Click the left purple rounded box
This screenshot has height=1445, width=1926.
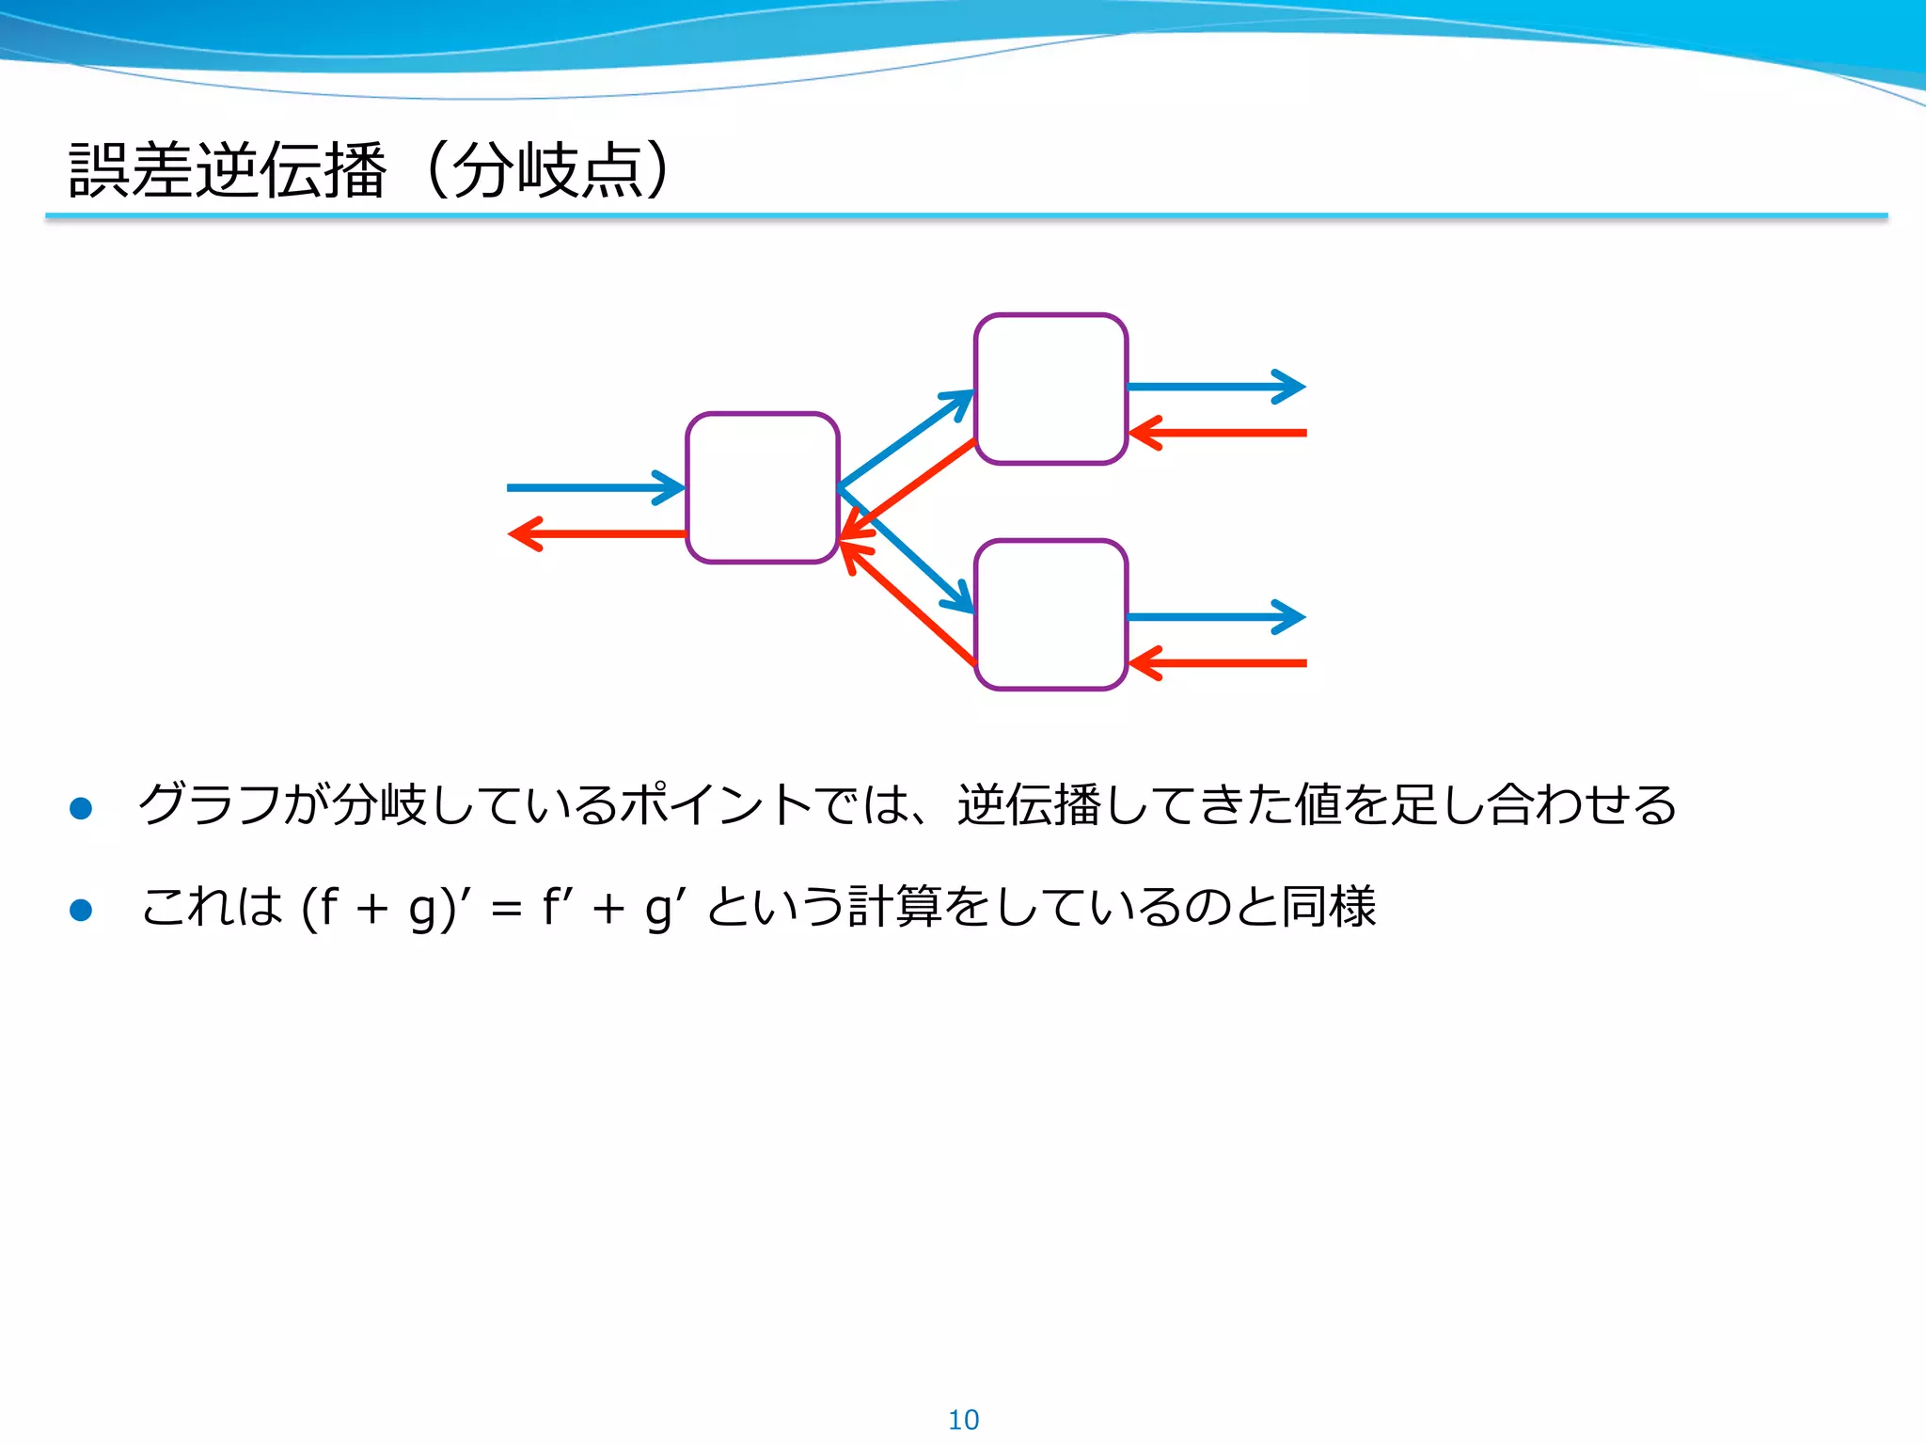click(x=762, y=487)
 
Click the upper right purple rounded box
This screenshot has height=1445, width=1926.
click(x=1050, y=389)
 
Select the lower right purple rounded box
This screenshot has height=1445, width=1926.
click(x=1050, y=614)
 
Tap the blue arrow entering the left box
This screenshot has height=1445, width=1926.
click(x=592, y=487)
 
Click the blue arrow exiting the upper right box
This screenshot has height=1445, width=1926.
click(x=1213, y=386)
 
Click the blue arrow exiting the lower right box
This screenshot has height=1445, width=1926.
click(x=1213, y=617)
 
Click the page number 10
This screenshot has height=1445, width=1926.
click(x=963, y=1420)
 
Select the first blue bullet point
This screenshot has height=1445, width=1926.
click(x=81, y=808)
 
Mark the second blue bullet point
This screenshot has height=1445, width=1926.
click(x=81, y=909)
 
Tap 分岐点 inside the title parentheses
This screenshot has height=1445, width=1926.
click(x=547, y=170)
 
